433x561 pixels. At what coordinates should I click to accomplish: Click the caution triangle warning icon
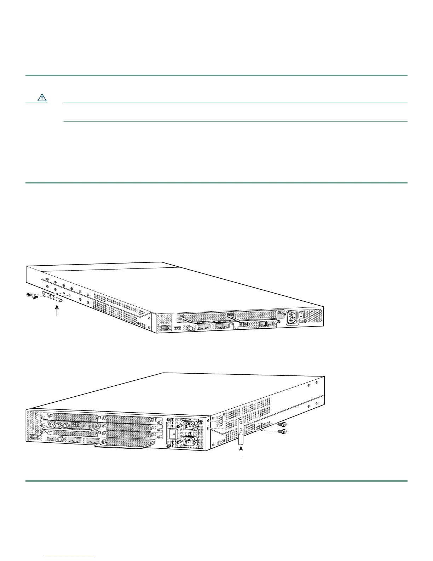click(42, 97)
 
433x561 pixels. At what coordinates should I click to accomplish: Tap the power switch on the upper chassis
click(301, 314)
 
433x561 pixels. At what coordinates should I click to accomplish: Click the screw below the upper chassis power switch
click(305, 322)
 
